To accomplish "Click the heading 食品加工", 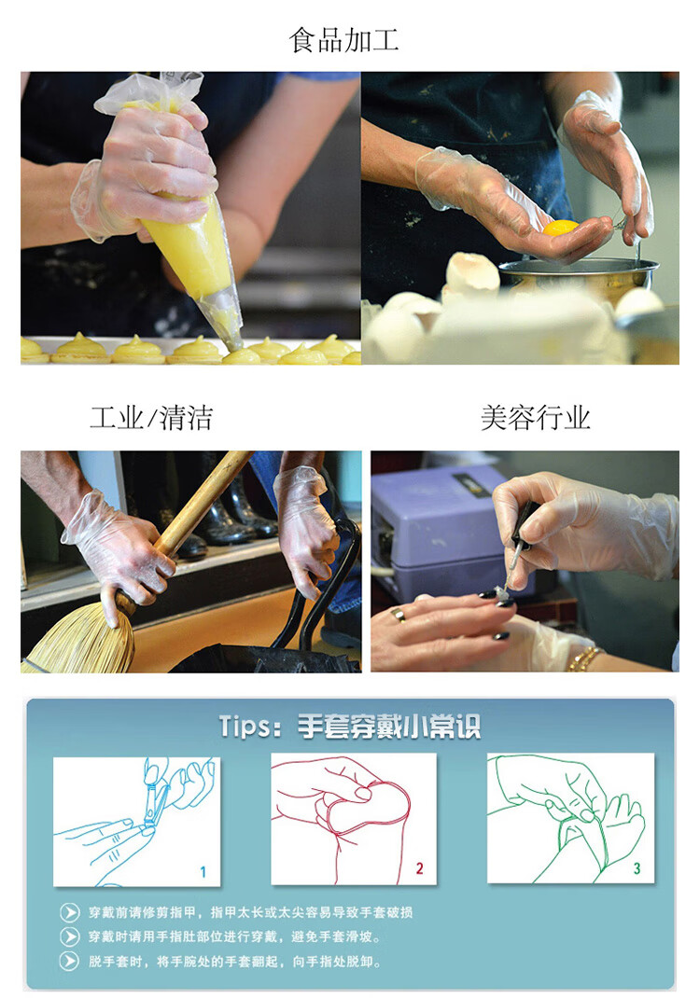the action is click(x=344, y=39).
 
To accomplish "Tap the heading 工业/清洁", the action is click(x=151, y=418).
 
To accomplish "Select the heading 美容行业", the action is click(x=535, y=418).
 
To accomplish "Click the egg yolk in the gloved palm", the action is click(x=560, y=228).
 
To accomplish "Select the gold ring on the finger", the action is click(x=398, y=615).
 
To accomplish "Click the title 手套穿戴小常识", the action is click(x=389, y=727).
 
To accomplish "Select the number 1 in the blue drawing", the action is click(x=203, y=872).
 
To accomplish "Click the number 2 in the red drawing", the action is click(x=419, y=868).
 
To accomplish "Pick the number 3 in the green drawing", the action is click(x=637, y=868).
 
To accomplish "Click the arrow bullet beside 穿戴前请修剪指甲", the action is click(x=69, y=912).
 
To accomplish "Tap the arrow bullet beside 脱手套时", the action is click(x=69, y=961).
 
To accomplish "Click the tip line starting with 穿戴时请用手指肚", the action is click(x=234, y=936).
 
